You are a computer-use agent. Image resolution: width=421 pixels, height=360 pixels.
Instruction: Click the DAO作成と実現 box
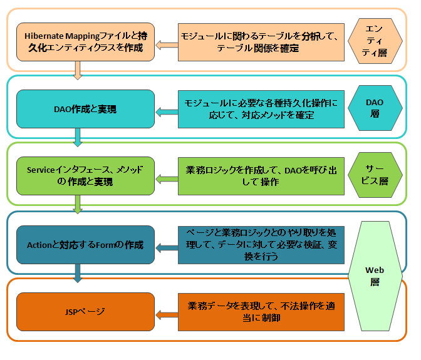[85, 110]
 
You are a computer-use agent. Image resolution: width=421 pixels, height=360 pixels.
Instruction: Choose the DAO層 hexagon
[374, 108]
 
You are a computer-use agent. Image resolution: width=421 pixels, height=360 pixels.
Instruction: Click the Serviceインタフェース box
[85, 176]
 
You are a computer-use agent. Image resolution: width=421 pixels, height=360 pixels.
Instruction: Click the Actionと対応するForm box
[85, 245]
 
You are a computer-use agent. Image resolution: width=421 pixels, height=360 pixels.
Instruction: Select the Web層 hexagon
[374, 275]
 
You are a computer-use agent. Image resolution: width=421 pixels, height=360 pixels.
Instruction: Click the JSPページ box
[85, 311]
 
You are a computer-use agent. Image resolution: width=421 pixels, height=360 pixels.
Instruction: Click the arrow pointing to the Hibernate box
[166, 44]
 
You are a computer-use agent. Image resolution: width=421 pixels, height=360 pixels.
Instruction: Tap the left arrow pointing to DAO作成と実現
[166, 111]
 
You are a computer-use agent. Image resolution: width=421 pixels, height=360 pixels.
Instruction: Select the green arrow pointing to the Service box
[166, 178]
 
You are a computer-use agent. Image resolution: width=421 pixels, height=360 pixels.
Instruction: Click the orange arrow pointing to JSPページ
[166, 314]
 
